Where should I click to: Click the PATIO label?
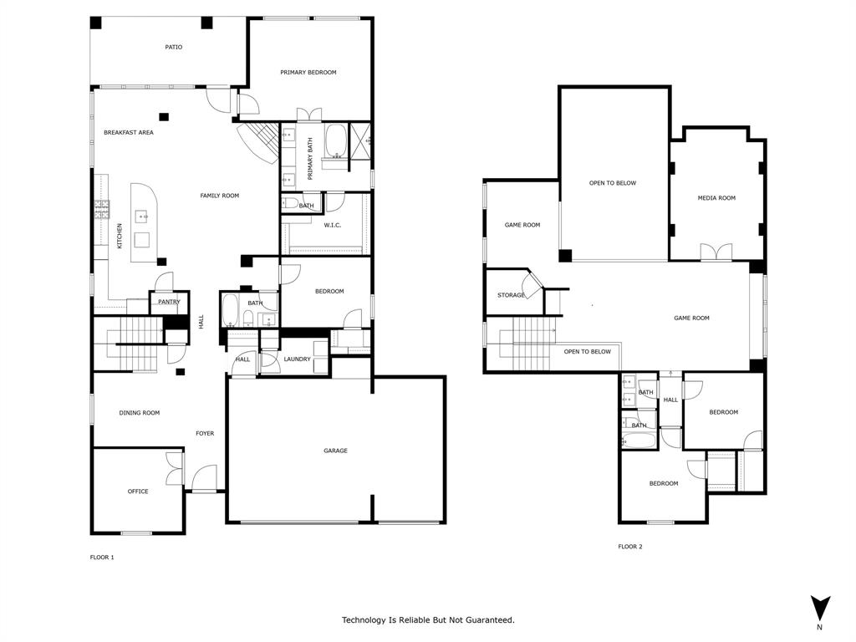point(173,48)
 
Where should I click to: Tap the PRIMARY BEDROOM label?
point(308,73)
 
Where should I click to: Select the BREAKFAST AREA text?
point(128,133)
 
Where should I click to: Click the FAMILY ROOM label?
point(219,196)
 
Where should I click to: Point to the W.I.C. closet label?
point(332,225)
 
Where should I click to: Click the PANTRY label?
point(169,302)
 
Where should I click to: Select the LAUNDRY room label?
point(297,359)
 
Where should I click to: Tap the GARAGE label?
point(335,451)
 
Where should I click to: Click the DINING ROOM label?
point(139,413)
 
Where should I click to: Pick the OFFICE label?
point(138,492)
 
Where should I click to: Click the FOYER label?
point(205,434)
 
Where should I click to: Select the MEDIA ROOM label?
point(716,198)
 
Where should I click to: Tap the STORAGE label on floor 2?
point(511,295)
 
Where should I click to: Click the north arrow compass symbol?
point(820,608)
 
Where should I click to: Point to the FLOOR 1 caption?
point(102,557)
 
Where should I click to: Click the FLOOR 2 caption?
point(630,547)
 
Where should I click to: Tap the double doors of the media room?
point(716,252)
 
